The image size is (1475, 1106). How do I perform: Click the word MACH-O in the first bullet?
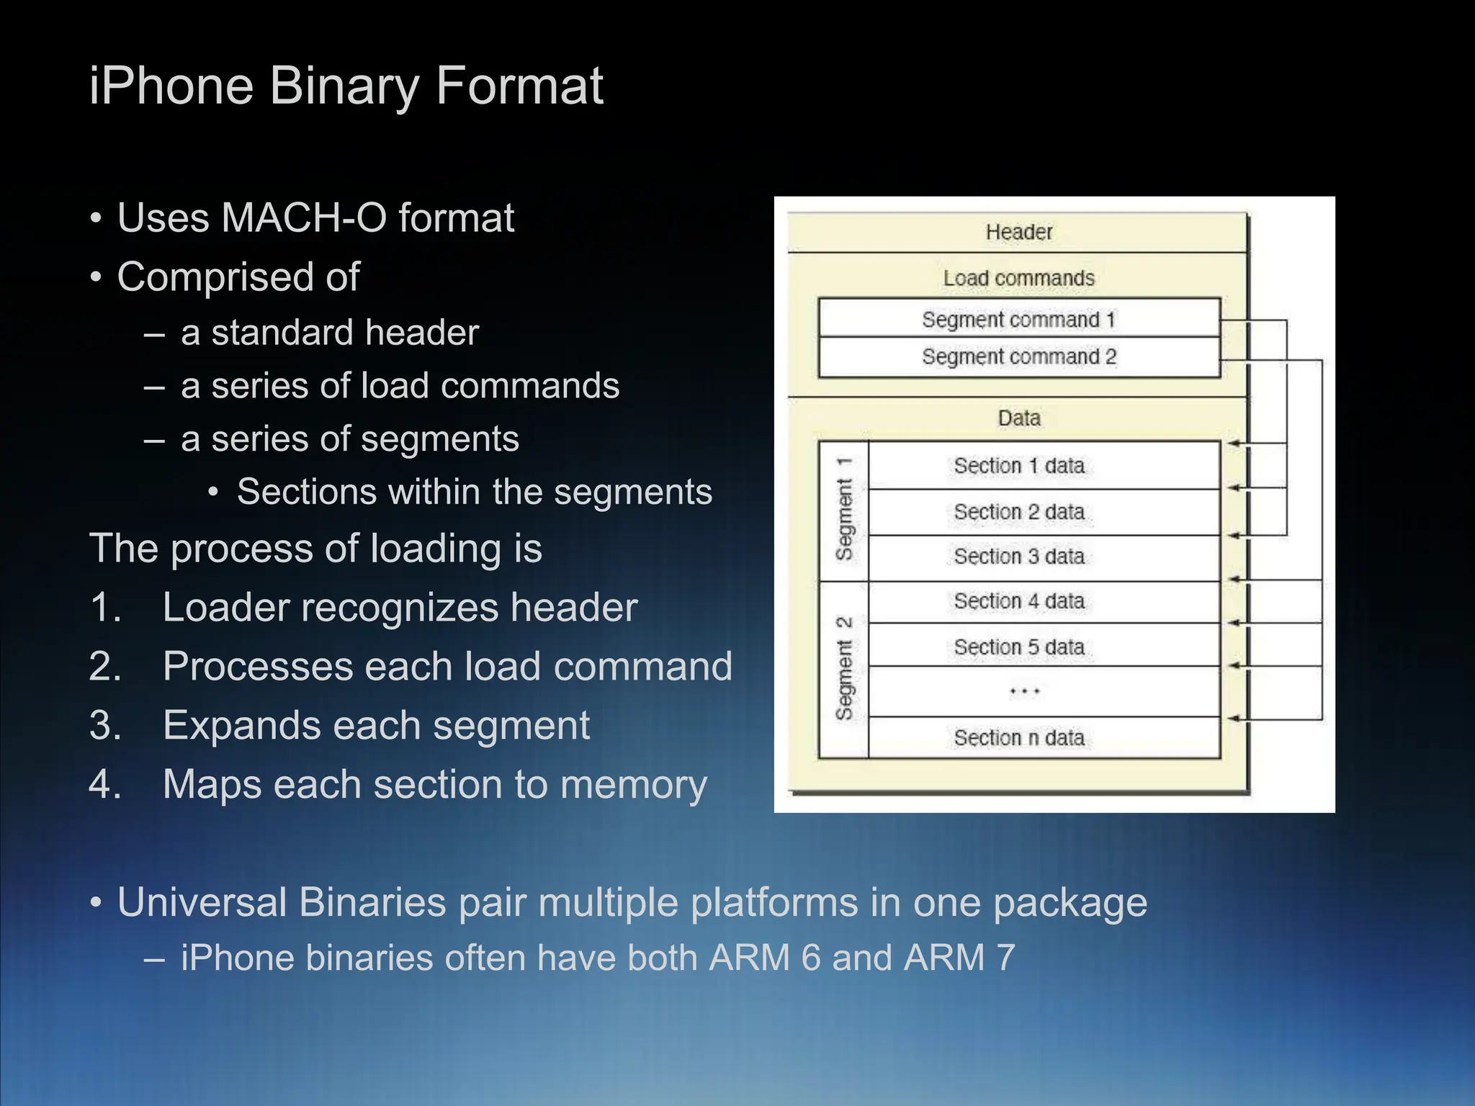[304, 218]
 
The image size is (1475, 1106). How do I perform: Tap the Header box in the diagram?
[1018, 232]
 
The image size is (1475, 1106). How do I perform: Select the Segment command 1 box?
[1018, 319]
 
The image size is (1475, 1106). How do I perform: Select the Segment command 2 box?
[1018, 357]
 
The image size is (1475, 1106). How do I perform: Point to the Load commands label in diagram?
[1018, 278]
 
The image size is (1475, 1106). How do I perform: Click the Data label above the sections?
[1018, 418]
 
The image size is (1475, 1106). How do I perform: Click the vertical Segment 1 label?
[844, 510]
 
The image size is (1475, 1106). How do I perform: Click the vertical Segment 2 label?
[844, 669]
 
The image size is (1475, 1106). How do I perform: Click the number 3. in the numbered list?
[105, 726]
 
